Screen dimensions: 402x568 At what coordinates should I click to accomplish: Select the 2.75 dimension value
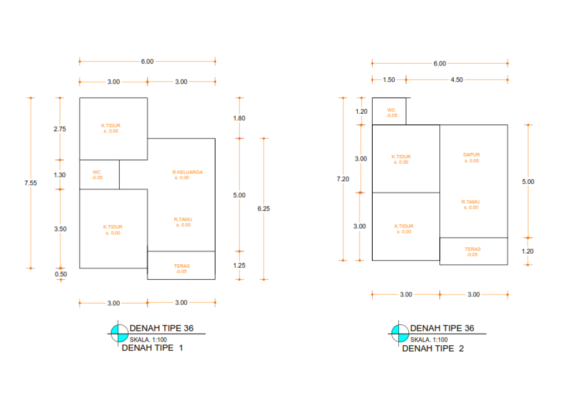(x=60, y=129)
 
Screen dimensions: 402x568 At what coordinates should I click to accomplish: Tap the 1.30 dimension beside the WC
(x=60, y=175)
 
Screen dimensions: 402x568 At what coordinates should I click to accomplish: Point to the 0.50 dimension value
(x=60, y=274)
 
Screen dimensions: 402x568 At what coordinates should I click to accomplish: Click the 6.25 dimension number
(x=263, y=209)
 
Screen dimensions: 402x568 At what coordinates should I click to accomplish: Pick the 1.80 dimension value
(x=239, y=118)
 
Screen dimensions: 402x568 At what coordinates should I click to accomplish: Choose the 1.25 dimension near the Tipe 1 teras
(x=239, y=265)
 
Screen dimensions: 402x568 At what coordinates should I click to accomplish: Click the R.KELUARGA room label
(x=187, y=173)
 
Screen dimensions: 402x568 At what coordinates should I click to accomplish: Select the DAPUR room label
(x=471, y=155)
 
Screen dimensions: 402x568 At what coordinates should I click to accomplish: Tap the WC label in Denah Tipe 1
(x=97, y=172)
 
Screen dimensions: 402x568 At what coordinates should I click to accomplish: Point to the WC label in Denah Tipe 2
(x=392, y=110)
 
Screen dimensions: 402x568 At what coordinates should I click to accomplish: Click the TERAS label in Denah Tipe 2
(x=473, y=249)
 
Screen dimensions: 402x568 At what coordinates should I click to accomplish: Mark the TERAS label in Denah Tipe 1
(x=181, y=267)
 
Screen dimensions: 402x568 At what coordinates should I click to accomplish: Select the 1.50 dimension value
(x=389, y=80)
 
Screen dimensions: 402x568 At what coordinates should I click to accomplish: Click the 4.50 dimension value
(x=457, y=80)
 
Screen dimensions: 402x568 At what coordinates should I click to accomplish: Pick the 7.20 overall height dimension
(x=343, y=179)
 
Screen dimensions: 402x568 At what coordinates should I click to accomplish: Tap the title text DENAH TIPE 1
(x=152, y=349)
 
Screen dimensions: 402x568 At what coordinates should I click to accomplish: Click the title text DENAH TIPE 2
(x=433, y=349)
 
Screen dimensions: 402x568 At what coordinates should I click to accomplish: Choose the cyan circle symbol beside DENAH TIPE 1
(x=118, y=333)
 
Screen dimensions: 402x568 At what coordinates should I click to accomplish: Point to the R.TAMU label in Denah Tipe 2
(x=470, y=202)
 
